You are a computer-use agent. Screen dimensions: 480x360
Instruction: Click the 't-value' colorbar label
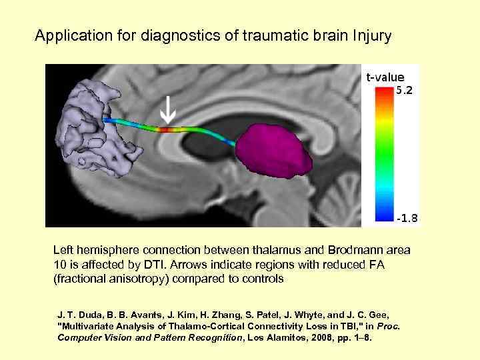385,77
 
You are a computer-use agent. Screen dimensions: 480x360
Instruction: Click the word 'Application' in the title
67,35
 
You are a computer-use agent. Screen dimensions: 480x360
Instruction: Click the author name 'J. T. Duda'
76,314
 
